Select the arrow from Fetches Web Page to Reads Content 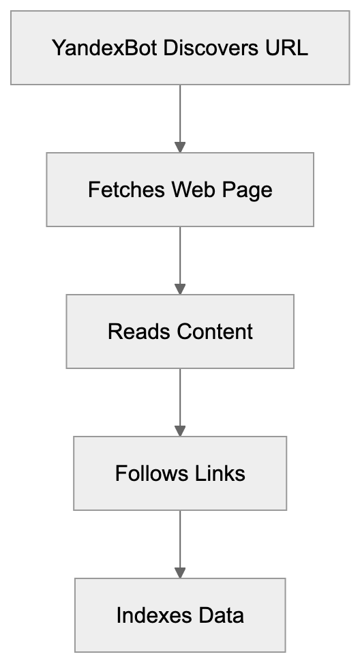coord(180,256)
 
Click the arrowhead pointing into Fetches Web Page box coord(180,147)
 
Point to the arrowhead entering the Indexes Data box coord(180,572)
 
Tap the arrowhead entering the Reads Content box coord(180,289)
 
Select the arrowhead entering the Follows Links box coord(180,430)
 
